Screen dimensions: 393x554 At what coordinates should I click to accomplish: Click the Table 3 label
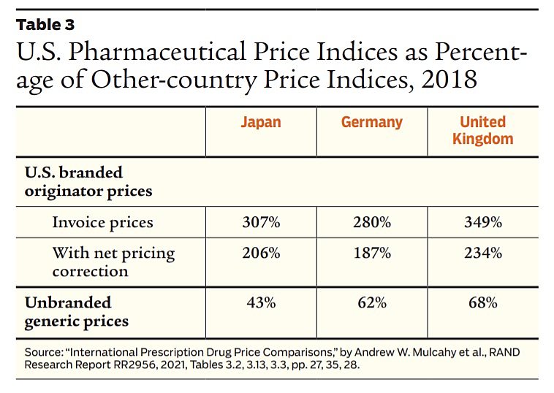pos(45,24)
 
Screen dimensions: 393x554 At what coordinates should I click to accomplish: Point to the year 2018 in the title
pos(447,79)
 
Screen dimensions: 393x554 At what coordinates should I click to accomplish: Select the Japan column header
pos(261,122)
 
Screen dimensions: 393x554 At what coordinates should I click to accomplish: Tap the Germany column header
pos(371,122)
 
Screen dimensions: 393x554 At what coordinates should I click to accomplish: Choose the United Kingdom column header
pos(482,130)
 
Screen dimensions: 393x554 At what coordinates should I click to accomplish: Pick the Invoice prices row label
pos(102,222)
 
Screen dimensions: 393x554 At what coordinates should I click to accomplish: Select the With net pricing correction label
pos(113,262)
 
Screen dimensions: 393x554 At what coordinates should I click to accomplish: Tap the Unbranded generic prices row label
pos(77,311)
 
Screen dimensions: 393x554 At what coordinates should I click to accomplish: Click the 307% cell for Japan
pos(261,222)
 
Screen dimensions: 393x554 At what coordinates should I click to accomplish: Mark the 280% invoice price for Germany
pos(371,222)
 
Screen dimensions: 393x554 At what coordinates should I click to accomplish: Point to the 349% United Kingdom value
pos(482,222)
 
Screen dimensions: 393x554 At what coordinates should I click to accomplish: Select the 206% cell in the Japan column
pos(261,253)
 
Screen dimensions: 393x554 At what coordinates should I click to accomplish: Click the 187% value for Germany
pos(371,253)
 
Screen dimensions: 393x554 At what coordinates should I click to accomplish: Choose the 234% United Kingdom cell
pos(482,253)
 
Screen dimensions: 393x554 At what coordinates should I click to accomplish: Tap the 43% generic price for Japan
pos(261,303)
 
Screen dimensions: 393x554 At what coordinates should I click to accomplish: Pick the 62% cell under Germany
pos(371,303)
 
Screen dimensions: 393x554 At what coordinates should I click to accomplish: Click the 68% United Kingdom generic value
pos(482,303)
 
